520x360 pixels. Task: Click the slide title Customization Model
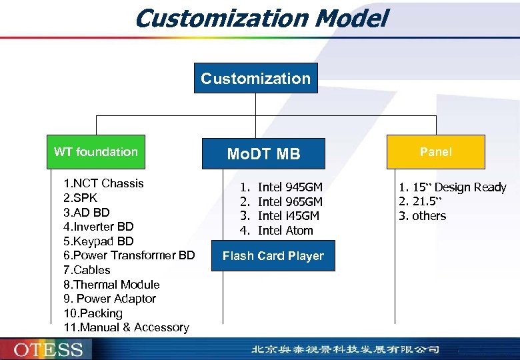pyautogui.click(x=260, y=18)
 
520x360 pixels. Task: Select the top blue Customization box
pyautogui.click(x=256, y=78)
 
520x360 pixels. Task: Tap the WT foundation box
pyautogui.click(x=96, y=152)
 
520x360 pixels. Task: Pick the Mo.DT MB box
pyautogui.click(x=264, y=154)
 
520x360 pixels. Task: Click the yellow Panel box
pyautogui.click(x=435, y=152)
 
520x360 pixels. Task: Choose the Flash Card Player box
pyautogui.click(x=273, y=256)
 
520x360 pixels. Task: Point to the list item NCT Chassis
pyautogui.click(x=103, y=183)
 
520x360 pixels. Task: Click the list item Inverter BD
pyautogui.click(x=99, y=227)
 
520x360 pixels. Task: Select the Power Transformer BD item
pyautogui.click(x=129, y=255)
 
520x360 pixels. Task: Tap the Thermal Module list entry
pyautogui.click(x=111, y=285)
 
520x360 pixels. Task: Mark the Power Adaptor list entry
pyautogui.click(x=110, y=299)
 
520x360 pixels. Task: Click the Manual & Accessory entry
pyautogui.click(x=126, y=327)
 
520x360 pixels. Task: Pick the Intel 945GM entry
pyautogui.click(x=289, y=187)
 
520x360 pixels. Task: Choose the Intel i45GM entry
pyautogui.click(x=288, y=216)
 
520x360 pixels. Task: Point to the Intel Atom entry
pyautogui.click(x=285, y=231)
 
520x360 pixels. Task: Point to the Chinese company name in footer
pyautogui.click(x=345, y=349)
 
